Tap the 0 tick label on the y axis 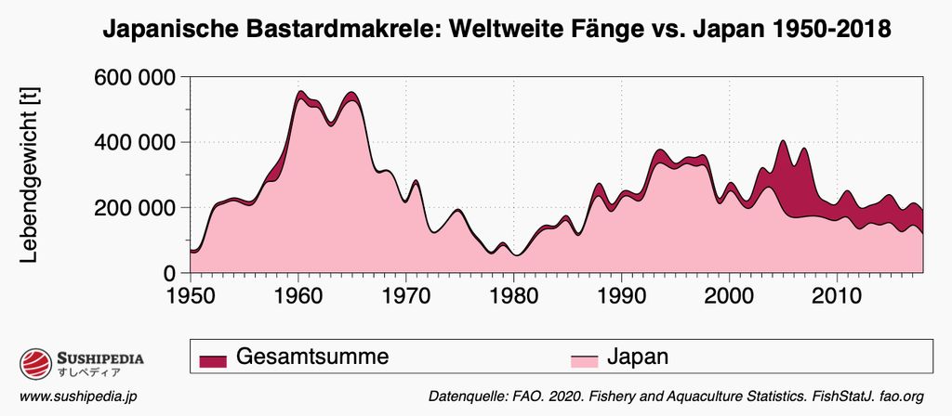[170, 273]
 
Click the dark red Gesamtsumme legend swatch [214, 359]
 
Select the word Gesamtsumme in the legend [311, 356]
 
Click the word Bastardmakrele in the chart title [345, 30]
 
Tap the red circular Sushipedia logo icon [34, 364]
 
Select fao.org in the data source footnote [901, 396]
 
